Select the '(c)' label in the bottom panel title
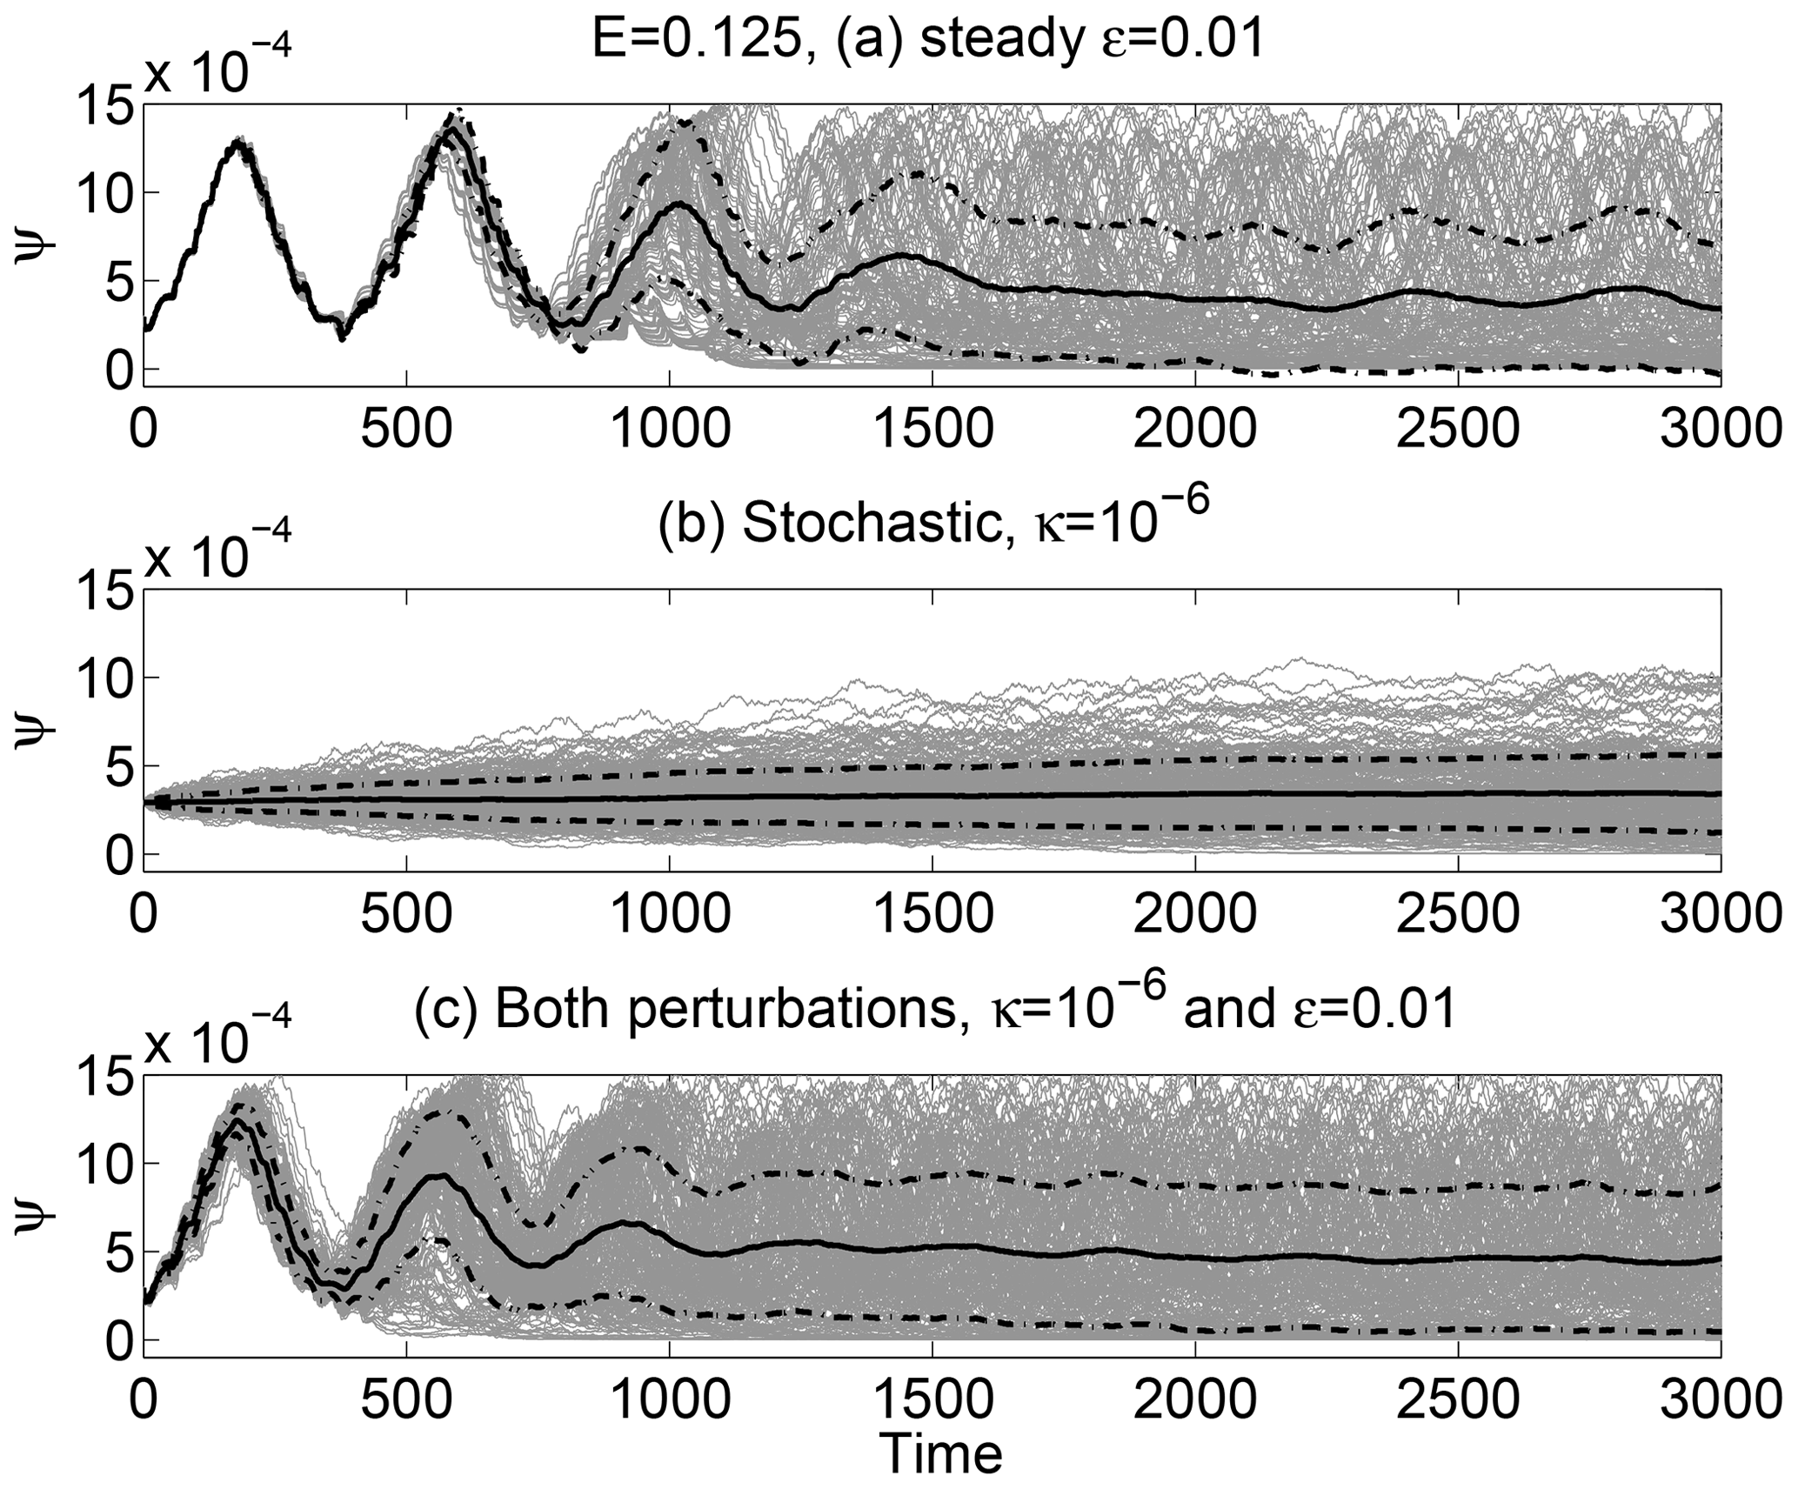tap(439, 1012)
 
